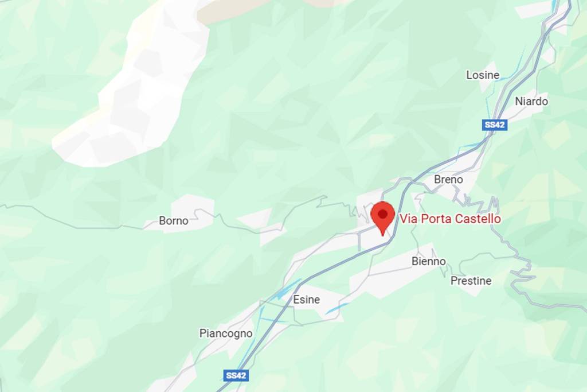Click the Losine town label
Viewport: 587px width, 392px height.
pos(482,75)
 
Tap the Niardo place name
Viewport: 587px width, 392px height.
pos(531,102)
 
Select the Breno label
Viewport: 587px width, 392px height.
pos(448,180)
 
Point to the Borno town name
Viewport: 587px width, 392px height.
pos(173,221)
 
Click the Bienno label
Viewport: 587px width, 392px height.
pos(428,262)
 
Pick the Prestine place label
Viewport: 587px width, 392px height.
pos(471,281)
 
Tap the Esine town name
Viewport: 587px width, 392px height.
pos(306,300)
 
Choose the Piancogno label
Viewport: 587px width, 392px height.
pos(226,333)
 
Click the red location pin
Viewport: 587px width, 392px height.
pos(382,216)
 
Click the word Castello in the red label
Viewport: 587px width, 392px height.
pos(478,219)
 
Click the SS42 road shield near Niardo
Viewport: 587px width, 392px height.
pos(495,125)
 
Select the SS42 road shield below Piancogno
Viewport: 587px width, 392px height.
pos(236,375)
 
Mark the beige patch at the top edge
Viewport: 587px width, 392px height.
pos(241,9)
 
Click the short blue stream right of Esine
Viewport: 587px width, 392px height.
pos(337,308)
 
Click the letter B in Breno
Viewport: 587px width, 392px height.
pos(437,180)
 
